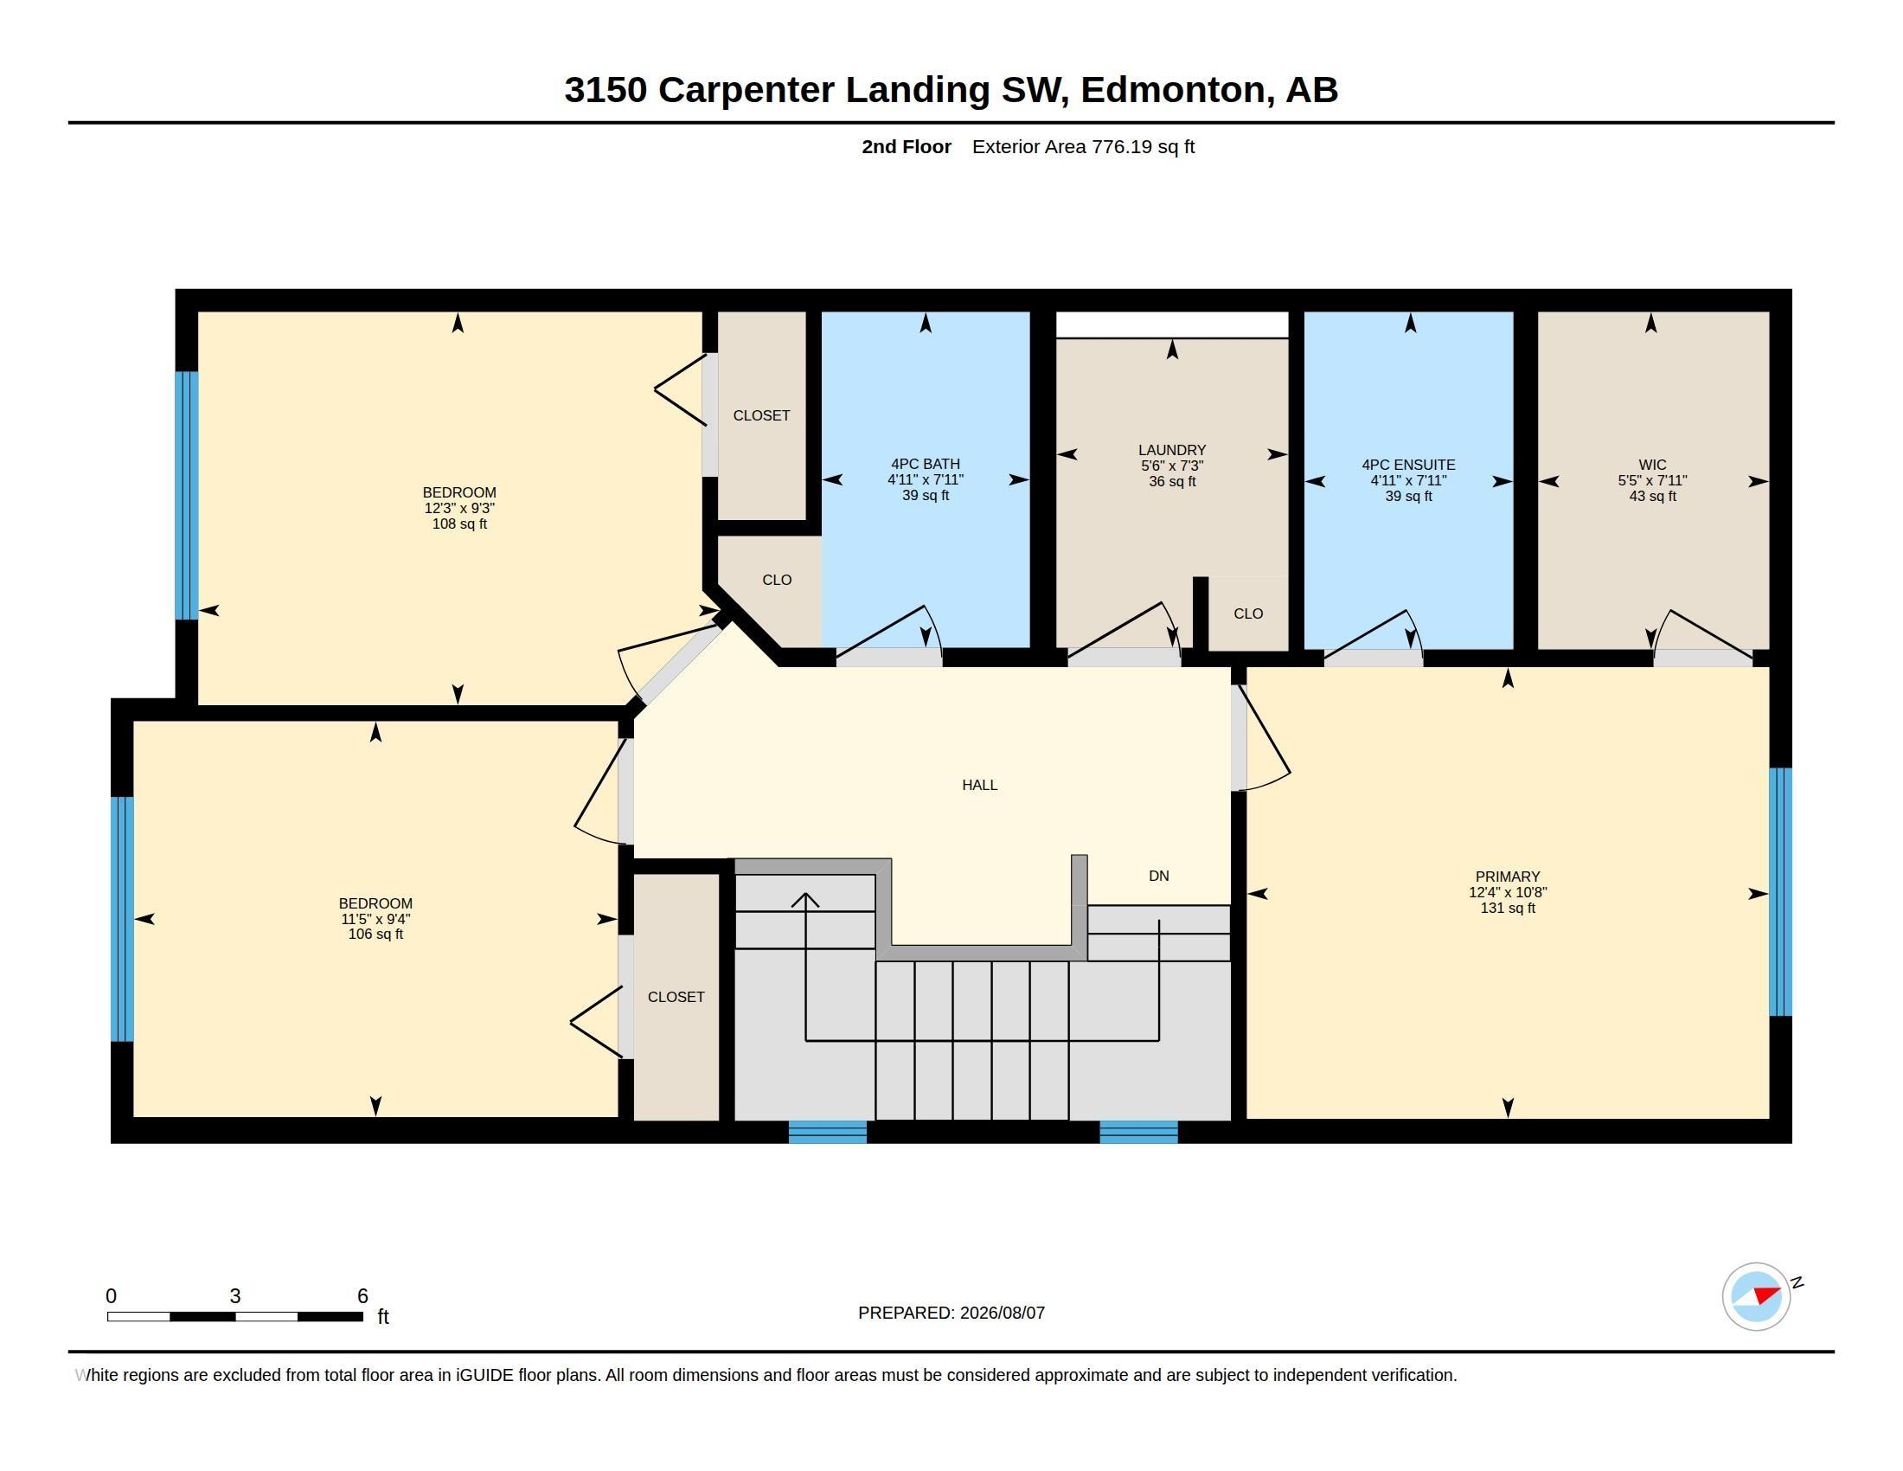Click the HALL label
[x=979, y=785]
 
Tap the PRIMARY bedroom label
[x=1508, y=877]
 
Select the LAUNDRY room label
[x=1172, y=451]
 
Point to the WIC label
[x=1652, y=466]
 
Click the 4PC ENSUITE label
[x=1408, y=466]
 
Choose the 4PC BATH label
[x=926, y=465]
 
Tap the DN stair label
[x=1159, y=876]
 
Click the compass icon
[x=1757, y=1296]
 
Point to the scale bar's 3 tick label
[x=235, y=1296]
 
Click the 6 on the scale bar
[x=362, y=1296]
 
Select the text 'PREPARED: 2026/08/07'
[x=951, y=1313]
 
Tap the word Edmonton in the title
[x=1173, y=91]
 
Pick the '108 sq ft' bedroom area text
[x=459, y=524]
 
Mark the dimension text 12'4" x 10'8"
[x=1508, y=892]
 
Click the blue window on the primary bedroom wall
[x=1781, y=891]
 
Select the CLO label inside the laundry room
[x=1247, y=613]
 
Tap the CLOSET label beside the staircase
[x=676, y=997]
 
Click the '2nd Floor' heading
[x=907, y=147]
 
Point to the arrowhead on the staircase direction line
[x=805, y=899]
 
